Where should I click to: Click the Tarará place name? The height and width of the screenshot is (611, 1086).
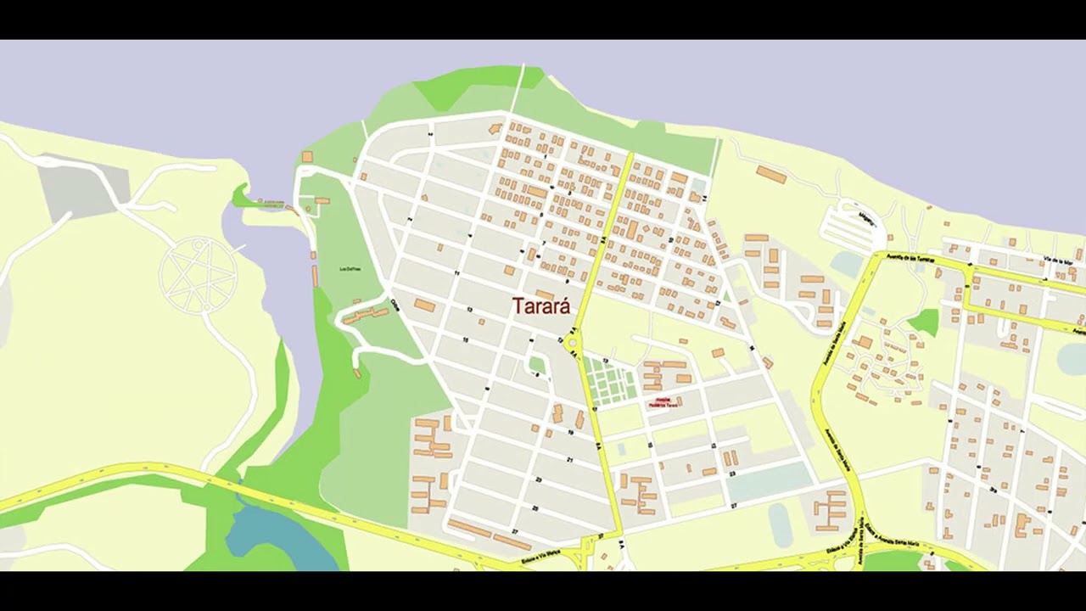(541, 306)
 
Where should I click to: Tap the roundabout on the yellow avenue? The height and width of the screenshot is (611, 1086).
(572, 343)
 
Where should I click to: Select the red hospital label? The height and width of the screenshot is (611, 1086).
(663, 401)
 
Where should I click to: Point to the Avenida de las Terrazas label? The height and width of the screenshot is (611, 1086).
(910, 258)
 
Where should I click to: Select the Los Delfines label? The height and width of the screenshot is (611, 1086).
(350, 269)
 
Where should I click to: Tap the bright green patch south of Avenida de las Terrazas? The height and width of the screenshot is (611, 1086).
(925, 322)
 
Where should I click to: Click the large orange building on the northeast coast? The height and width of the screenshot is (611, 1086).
(770, 175)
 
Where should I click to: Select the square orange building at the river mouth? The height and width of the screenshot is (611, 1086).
(307, 157)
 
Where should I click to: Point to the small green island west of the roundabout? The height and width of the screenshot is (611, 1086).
(537, 365)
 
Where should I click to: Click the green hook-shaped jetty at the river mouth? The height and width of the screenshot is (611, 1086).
(246, 199)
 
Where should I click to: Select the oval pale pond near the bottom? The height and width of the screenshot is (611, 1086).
(780, 524)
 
